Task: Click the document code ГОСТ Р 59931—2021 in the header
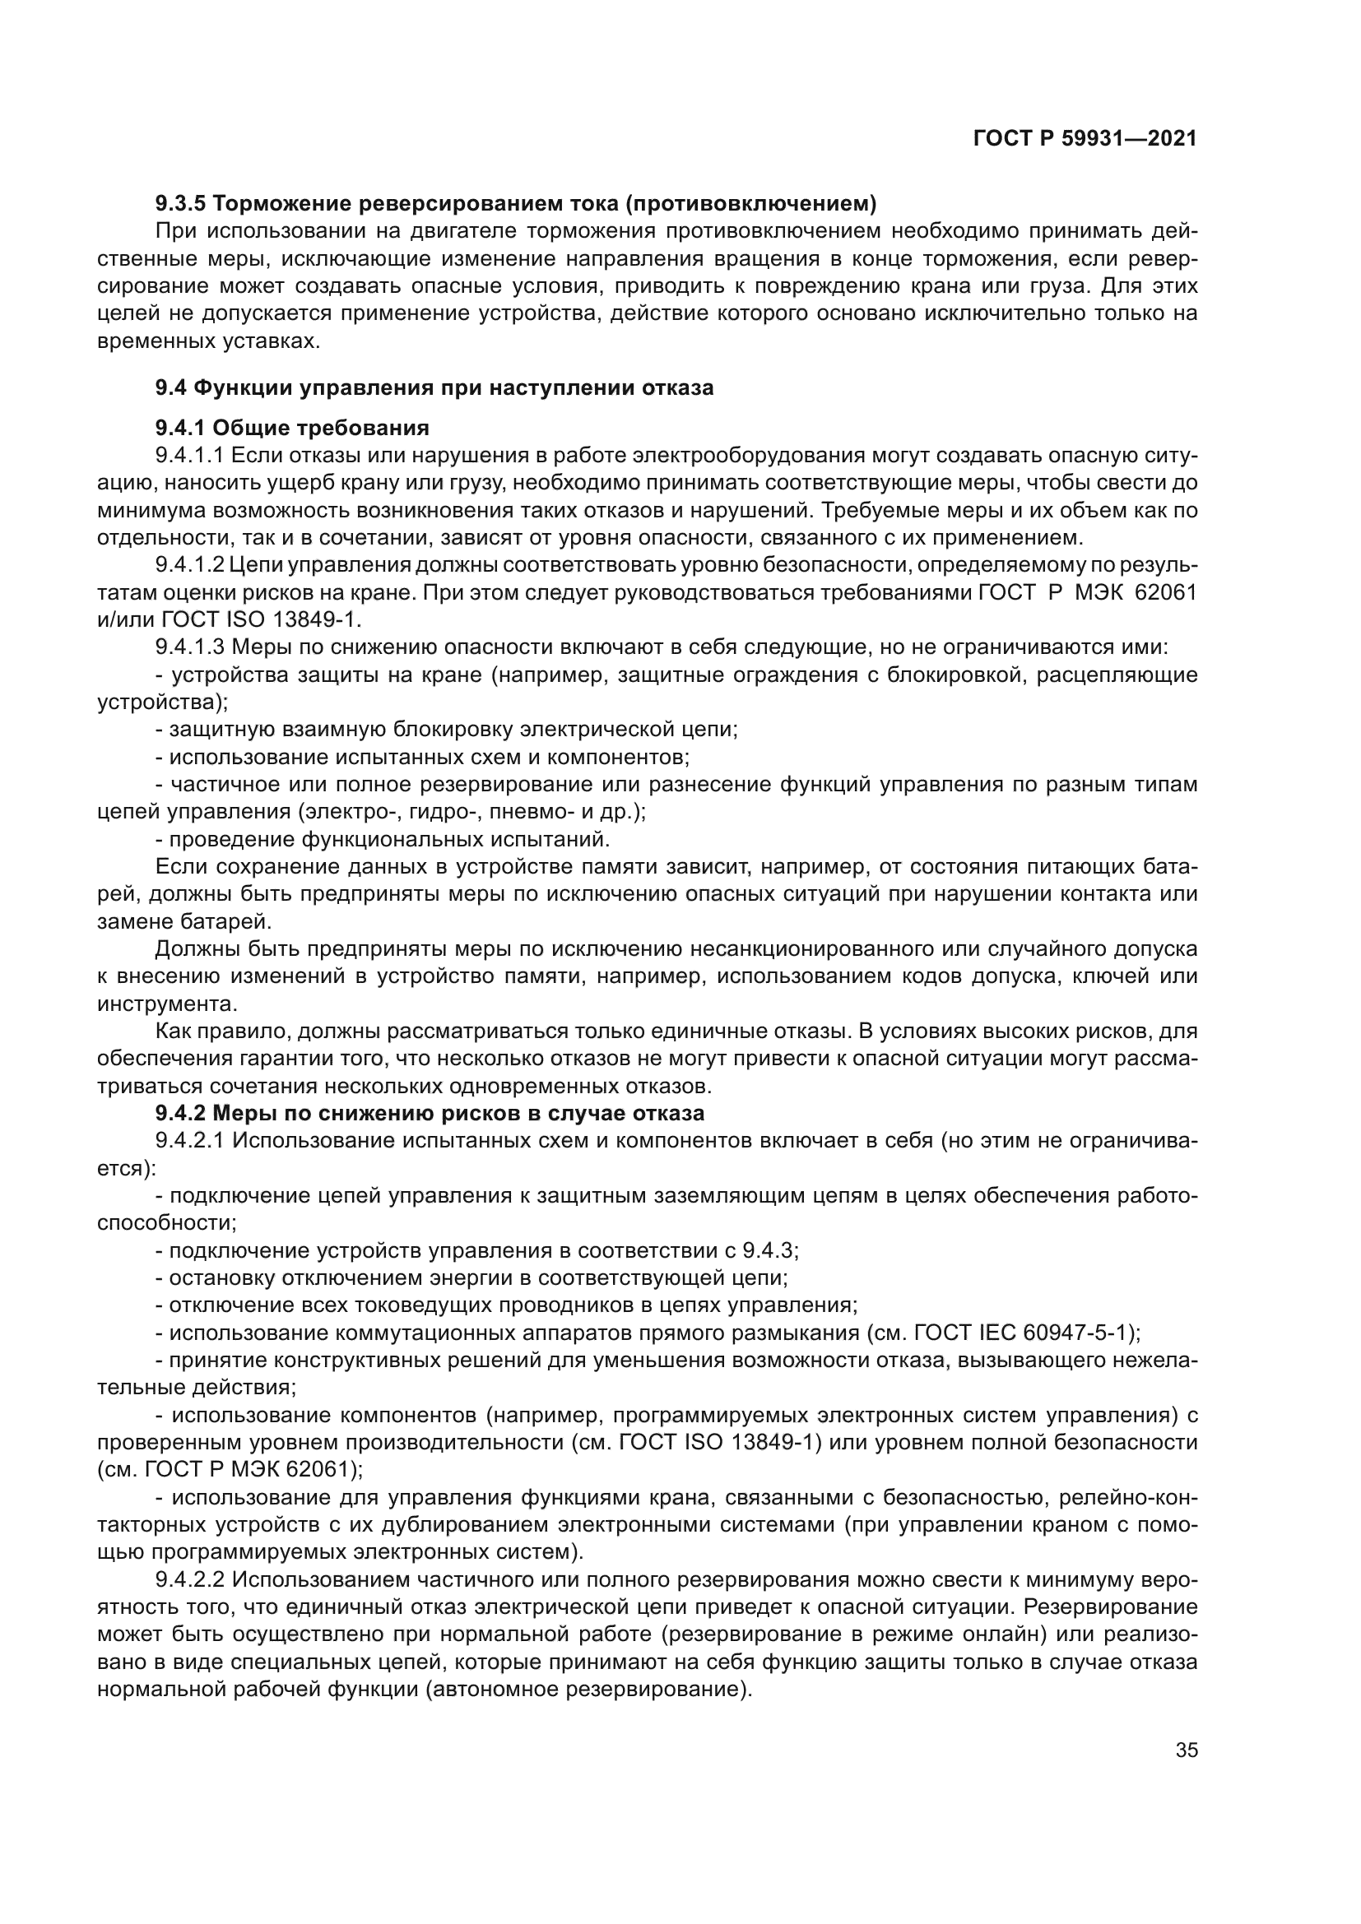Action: coord(1085,138)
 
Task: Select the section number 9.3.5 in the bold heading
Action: coord(180,204)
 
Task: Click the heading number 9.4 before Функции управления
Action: coord(171,388)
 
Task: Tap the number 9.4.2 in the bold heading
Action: coord(180,1114)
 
